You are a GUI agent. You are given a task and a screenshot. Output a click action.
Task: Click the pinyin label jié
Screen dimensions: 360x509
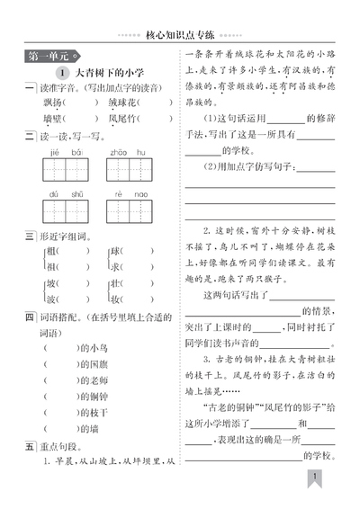[x=54, y=153]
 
